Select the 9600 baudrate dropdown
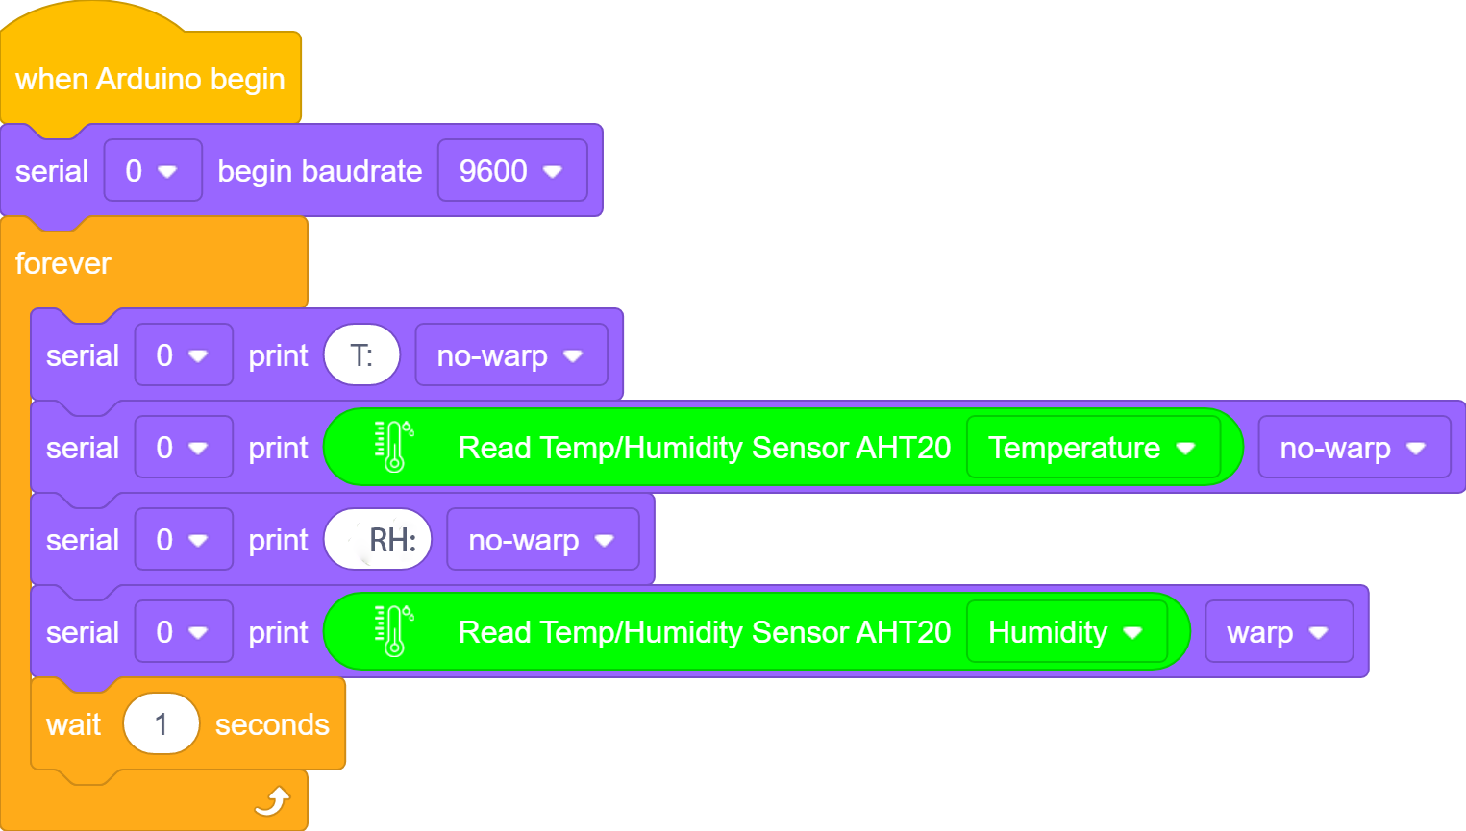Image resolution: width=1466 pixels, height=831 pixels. [x=512, y=171]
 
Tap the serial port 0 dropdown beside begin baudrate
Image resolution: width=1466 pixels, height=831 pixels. [x=153, y=171]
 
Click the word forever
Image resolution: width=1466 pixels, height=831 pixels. [x=62, y=263]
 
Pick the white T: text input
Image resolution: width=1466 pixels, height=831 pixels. [x=361, y=355]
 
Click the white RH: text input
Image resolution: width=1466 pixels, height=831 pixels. [x=378, y=539]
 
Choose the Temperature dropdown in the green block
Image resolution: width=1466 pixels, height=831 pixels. [x=1093, y=448]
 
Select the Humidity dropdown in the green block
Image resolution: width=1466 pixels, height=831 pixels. [x=1067, y=632]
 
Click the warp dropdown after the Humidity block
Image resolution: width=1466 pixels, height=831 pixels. [x=1279, y=632]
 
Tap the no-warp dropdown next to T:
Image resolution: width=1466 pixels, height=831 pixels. [x=511, y=355]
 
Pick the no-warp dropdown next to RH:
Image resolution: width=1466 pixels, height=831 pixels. [x=542, y=539]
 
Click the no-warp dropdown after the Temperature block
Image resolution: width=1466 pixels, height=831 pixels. [x=1354, y=448]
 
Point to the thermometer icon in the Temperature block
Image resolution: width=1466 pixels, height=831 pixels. [x=394, y=447]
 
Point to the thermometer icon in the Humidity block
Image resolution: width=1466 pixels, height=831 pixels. [x=394, y=631]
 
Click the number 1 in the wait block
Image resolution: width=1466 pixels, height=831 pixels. [x=161, y=723]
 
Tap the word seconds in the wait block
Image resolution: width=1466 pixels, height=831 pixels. [x=272, y=724]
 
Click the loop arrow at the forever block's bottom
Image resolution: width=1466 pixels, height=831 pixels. [x=272, y=801]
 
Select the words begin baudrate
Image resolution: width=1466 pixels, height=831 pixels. [x=319, y=171]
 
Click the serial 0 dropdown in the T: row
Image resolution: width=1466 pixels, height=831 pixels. [x=184, y=355]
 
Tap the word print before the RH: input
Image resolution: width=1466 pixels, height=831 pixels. [x=278, y=541]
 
